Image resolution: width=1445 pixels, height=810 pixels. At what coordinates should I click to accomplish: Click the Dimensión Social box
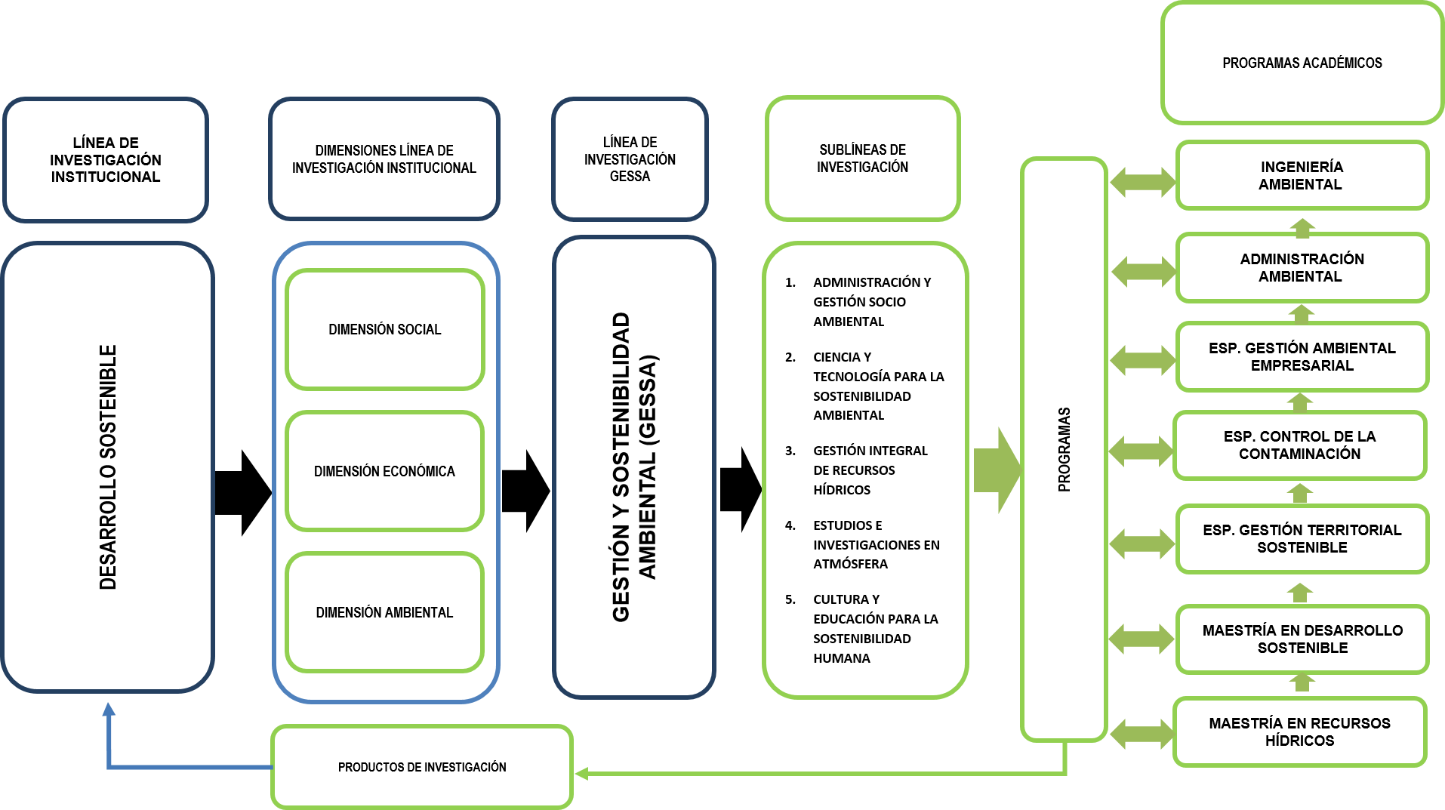tap(384, 329)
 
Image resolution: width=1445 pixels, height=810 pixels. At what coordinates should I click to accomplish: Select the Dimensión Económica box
tap(384, 471)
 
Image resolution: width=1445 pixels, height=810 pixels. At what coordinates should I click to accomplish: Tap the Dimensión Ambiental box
tap(384, 612)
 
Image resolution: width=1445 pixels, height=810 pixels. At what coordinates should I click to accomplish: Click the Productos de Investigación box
tap(421, 767)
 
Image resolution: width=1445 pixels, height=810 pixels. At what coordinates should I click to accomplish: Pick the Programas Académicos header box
tap(1302, 63)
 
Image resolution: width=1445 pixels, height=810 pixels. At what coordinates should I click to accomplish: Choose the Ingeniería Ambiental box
tap(1302, 175)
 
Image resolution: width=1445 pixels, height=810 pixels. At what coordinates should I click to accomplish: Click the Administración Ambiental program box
tap(1302, 267)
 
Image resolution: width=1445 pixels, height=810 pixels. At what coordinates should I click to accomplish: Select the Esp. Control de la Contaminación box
tap(1299, 445)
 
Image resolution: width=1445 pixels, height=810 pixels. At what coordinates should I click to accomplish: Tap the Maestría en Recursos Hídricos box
tap(1299, 731)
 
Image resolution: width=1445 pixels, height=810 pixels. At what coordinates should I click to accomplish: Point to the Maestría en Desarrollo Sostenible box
tap(1302, 639)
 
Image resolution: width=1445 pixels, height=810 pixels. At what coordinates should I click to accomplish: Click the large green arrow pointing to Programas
tap(997, 470)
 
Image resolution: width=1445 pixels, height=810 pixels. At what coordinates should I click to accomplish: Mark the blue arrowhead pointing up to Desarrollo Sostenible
tap(109, 710)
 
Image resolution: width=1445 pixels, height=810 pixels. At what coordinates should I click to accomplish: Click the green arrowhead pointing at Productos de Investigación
tap(581, 773)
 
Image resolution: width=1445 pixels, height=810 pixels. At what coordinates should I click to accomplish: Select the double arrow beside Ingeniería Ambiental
tap(1142, 182)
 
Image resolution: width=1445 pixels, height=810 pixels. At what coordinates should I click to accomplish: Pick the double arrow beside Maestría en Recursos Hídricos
tap(1141, 734)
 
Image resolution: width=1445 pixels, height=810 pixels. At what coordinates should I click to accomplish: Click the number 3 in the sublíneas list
tap(790, 451)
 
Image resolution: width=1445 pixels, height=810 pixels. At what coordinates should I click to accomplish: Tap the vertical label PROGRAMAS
tap(1064, 449)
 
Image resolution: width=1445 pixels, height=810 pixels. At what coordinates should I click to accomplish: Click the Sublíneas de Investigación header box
tap(862, 159)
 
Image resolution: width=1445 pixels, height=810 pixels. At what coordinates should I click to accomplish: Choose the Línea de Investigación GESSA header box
tap(630, 159)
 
